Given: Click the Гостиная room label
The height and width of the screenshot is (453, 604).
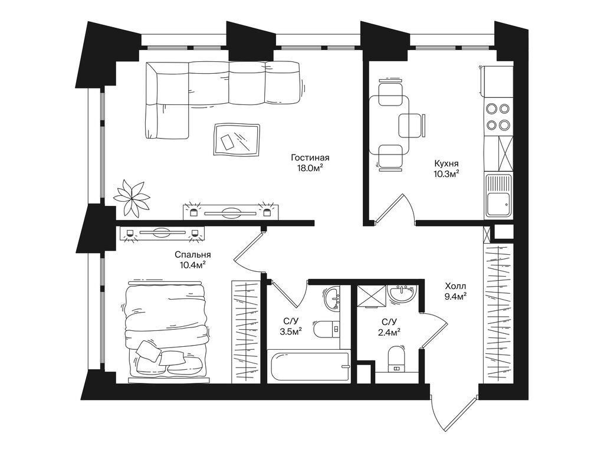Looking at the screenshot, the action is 310,157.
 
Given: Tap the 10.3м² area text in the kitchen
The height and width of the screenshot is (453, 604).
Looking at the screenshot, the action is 447,174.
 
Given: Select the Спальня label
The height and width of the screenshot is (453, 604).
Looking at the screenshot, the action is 193,255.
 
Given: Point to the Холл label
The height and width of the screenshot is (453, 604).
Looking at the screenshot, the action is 455,286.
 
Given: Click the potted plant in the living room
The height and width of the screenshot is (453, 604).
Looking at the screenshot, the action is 132,196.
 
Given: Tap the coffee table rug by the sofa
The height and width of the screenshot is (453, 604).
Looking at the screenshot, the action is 237,139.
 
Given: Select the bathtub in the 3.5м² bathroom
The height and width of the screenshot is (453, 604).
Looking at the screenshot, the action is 308,366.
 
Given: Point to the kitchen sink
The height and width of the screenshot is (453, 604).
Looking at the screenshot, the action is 498,196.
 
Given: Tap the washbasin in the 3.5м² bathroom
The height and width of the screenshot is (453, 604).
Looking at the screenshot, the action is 332,299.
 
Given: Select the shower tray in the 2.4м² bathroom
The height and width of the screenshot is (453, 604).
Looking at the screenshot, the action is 372,296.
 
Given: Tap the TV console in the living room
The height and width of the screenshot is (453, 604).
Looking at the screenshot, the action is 231,212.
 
